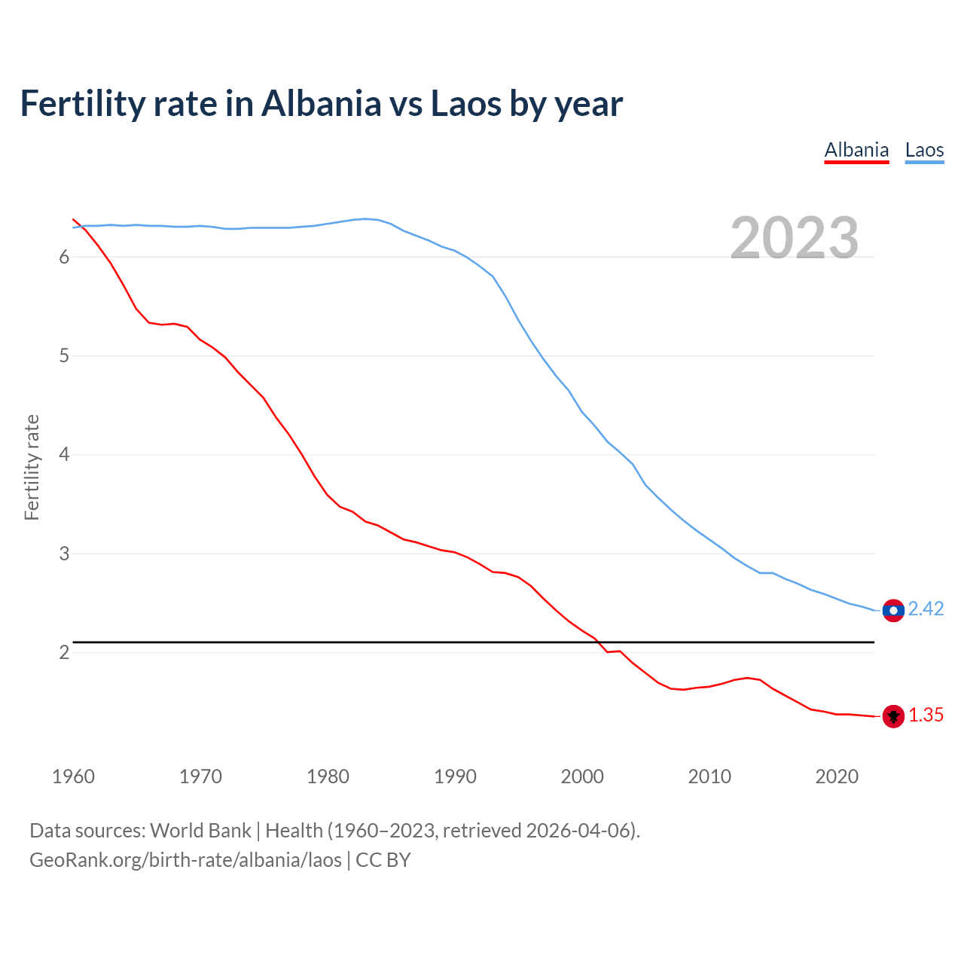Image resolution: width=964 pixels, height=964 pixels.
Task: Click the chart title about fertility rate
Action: pyautogui.click(x=321, y=104)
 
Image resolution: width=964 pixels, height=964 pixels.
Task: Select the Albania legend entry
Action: pyautogui.click(x=856, y=150)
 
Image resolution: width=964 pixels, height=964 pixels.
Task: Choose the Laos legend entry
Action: pyautogui.click(x=924, y=150)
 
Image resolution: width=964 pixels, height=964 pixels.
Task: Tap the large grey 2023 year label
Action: pyautogui.click(x=794, y=238)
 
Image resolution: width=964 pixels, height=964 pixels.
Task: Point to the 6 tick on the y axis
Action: pyautogui.click(x=64, y=257)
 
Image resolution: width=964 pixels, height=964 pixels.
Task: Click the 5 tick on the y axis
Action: pyautogui.click(x=64, y=355)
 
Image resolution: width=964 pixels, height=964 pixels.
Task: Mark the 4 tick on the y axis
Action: pyautogui.click(x=64, y=455)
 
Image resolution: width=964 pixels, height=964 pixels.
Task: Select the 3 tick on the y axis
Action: pyautogui.click(x=64, y=554)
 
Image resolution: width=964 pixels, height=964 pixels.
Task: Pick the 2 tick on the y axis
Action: pyautogui.click(x=64, y=652)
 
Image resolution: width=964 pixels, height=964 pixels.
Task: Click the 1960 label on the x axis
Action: pyautogui.click(x=73, y=776)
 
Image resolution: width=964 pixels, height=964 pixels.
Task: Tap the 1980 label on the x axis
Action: pyautogui.click(x=328, y=776)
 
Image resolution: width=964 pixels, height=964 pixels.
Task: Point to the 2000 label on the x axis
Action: pyautogui.click(x=582, y=776)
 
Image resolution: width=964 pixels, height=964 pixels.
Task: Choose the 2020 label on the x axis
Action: pyautogui.click(x=837, y=776)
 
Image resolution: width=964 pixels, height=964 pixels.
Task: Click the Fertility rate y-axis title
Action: pyautogui.click(x=32, y=467)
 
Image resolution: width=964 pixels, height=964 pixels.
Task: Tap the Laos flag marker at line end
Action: pyautogui.click(x=893, y=610)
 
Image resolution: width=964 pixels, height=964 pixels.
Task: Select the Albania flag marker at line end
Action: pyautogui.click(x=893, y=716)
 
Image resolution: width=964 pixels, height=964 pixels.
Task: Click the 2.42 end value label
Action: pyautogui.click(x=926, y=609)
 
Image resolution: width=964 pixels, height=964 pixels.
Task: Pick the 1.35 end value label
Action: pyautogui.click(x=926, y=715)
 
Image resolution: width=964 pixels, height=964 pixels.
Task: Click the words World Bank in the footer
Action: pyautogui.click(x=200, y=831)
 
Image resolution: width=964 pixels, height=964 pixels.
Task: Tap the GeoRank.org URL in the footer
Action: pyautogui.click(x=185, y=860)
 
